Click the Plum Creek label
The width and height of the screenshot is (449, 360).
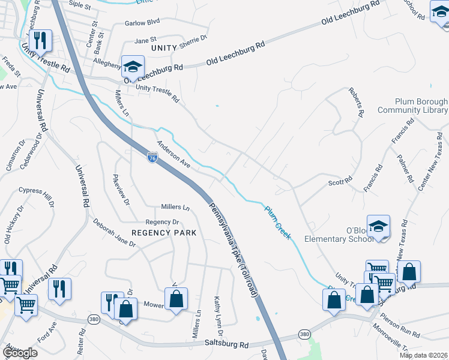coord(279,223)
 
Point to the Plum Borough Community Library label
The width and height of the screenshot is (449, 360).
coord(413,106)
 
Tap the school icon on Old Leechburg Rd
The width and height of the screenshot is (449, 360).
coord(133,66)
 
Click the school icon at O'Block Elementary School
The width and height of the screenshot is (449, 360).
coord(379,226)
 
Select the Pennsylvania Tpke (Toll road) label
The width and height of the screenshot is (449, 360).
coord(233,248)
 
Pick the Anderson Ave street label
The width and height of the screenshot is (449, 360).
coord(173,155)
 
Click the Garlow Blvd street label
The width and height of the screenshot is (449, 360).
coord(142,22)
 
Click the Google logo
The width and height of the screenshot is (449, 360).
coord(19,353)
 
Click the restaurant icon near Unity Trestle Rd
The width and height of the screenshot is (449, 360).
coord(41,40)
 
